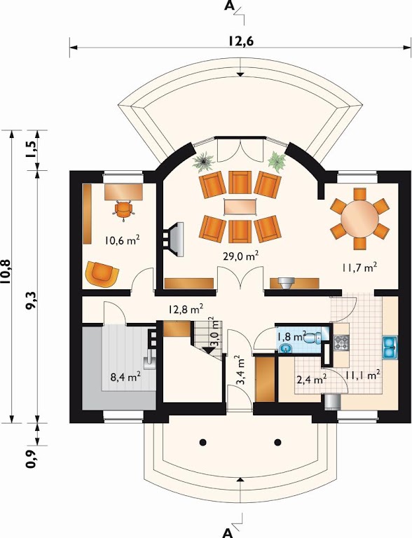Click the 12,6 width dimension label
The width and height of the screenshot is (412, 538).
tap(240, 41)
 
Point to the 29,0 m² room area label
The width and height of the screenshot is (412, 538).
tap(241, 256)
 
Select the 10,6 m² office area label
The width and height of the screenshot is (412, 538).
tap(122, 240)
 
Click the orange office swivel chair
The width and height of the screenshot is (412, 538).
tap(123, 210)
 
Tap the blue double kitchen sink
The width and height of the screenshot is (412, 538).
tap(390, 347)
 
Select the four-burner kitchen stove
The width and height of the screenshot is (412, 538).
tap(341, 342)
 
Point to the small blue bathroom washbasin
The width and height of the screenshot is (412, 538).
tap(286, 348)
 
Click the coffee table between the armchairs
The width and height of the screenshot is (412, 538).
tap(240, 207)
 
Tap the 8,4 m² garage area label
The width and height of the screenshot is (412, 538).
tap(125, 378)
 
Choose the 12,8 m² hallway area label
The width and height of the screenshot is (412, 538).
tap(186, 309)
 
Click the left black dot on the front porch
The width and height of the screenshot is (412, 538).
tap(203, 442)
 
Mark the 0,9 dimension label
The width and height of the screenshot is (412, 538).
tap(32, 460)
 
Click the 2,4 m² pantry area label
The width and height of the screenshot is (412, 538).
tap(311, 380)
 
